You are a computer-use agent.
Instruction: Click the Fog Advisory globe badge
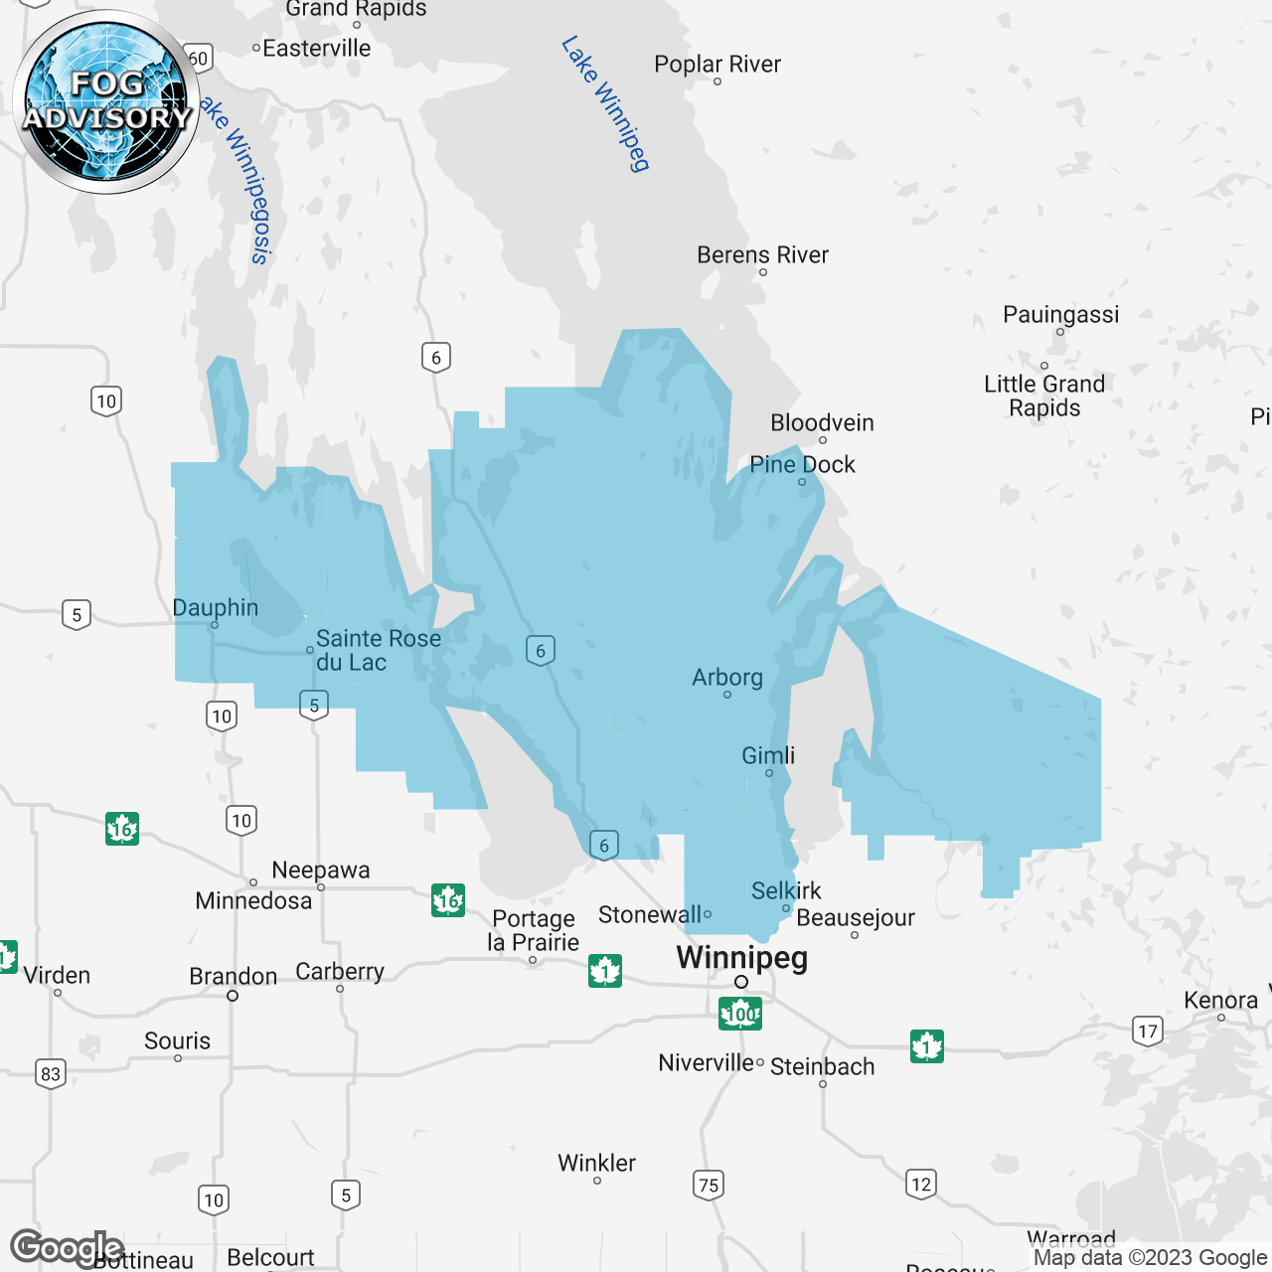coord(107,102)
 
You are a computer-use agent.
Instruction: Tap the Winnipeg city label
coord(741,958)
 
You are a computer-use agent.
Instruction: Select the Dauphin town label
coord(215,608)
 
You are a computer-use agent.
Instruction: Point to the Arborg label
coord(727,678)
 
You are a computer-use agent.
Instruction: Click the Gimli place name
coord(768,755)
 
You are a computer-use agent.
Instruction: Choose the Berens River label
coord(762,255)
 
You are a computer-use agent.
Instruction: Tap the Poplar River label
coord(717,65)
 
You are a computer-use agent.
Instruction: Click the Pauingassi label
coord(1060,315)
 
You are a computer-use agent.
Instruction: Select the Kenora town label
coord(1220,1001)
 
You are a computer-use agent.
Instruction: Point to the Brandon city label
coord(234,977)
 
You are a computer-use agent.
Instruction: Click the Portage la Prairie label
coord(534,931)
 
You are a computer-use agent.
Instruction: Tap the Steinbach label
coord(823,1067)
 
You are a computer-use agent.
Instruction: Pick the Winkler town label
coord(596,1163)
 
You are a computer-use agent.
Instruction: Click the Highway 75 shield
coord(709,1185)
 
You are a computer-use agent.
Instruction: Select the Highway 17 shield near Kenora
coord(1148,1031)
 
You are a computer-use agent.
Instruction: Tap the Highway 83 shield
coord(51,1073)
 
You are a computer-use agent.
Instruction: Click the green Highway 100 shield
coord(740,1014)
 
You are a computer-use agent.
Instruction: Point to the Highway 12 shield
coord(921,1184)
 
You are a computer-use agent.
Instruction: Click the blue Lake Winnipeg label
coord(605,104)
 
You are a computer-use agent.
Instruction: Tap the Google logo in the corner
coord(66,1247)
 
